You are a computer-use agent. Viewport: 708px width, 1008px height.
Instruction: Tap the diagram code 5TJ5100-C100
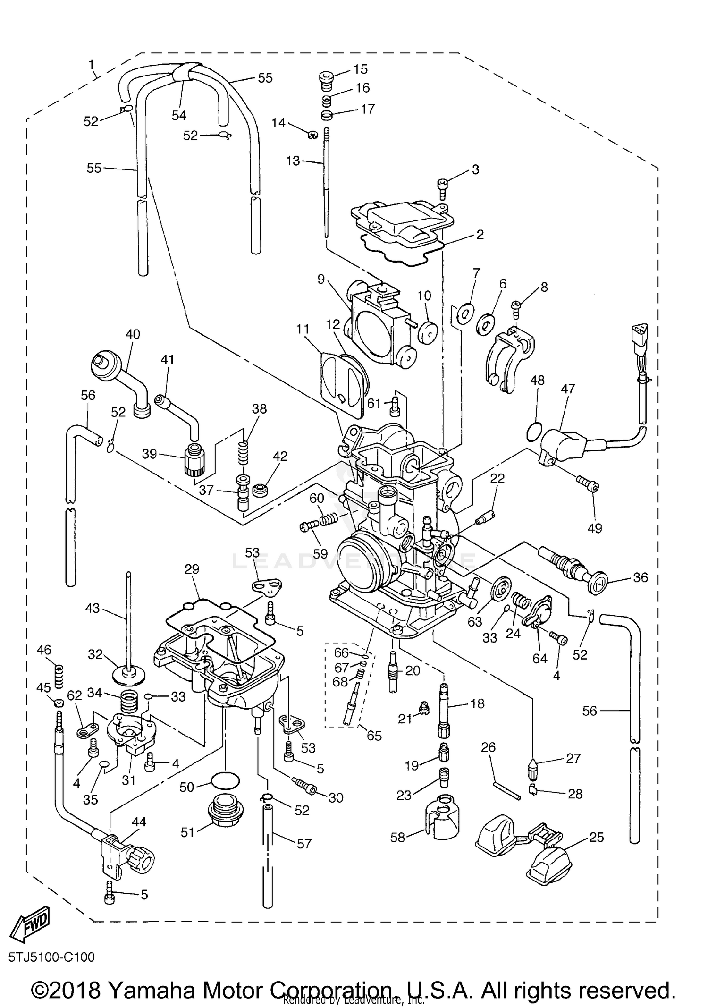(x=51, y=957)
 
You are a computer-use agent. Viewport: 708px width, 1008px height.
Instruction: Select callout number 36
(x=640, y=577)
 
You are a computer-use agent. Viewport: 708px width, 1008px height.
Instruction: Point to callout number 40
(x=133, y=334)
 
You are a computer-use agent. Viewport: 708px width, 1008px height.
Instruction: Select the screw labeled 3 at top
(x=443, y=189)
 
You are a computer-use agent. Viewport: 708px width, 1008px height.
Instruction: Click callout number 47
(x=568, y=389)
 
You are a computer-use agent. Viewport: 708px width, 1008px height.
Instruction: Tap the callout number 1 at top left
(x=92, y=64)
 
